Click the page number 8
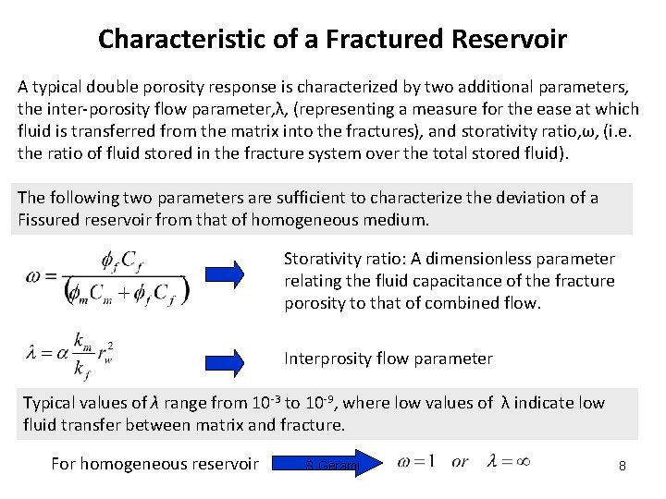(x=623, y=466)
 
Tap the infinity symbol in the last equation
(x=522, y=460)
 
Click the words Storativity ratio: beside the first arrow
(x=339, y=260)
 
